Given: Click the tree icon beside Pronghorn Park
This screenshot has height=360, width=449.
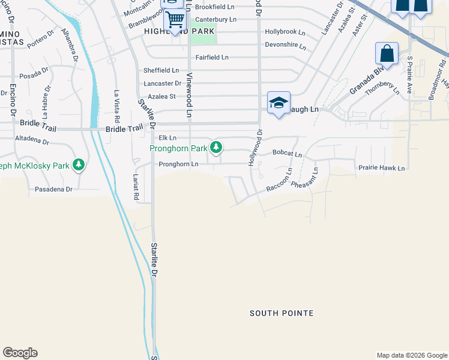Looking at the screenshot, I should click(217, 147).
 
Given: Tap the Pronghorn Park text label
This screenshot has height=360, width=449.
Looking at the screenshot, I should click(178, 148).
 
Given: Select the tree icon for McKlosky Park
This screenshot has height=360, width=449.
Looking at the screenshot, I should click(78, 164).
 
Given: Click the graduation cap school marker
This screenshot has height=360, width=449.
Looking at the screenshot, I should click(279, 103).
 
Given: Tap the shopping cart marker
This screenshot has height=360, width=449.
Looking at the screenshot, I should click(175, 20).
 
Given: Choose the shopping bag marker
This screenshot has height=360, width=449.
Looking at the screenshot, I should click(387, 54).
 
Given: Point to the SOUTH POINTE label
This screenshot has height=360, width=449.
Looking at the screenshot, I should click(282, 313).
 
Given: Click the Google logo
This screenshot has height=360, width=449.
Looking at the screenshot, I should click(20, 353).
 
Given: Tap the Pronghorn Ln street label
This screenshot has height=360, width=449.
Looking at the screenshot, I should click(178, 164).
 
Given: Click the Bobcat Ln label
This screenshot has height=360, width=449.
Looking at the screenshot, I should click(287, 154).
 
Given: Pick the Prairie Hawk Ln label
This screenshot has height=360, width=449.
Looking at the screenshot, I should click(381, 169).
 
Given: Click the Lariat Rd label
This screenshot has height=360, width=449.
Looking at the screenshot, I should click(136, 188).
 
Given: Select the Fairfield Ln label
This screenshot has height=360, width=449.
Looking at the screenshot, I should click(212, 58).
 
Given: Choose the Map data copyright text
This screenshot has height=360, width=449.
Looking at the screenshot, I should click(411, 355).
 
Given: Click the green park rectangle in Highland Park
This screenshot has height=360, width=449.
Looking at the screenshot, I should click(203, 36).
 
